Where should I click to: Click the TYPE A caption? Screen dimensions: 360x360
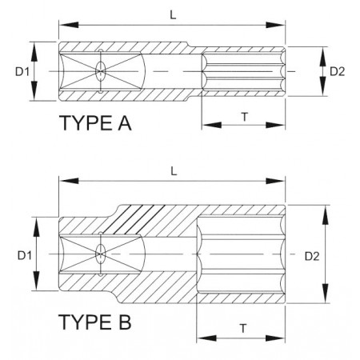click(x=95, y=123)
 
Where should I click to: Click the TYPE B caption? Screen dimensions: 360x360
click(x=95, y=322)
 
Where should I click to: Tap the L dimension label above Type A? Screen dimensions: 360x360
click(x=173, y=15)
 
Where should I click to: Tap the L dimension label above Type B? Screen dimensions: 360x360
click(x=174, y=171)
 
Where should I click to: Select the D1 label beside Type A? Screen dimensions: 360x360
click(x=22, y=71)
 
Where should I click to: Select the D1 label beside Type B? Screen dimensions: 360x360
click(x=25, y=255)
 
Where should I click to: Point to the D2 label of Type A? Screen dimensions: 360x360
click(x=338, y=71)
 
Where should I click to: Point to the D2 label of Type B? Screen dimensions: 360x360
click(x=312, y=256)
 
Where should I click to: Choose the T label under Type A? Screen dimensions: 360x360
click(x=244, y=117)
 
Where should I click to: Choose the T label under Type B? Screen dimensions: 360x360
click(x=243, y=329)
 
